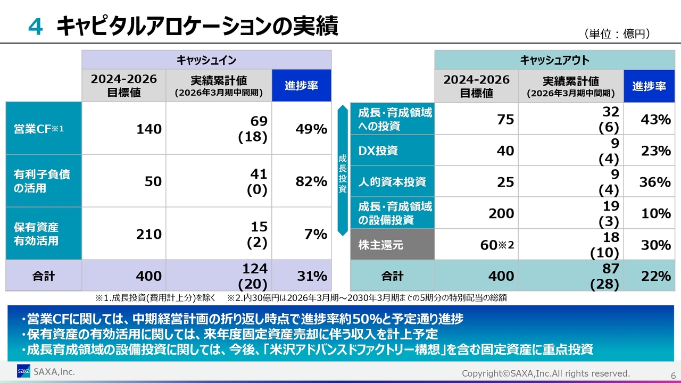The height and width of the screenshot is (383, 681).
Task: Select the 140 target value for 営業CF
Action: click(x=148, y=129)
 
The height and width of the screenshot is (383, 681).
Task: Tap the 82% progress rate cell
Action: click(x=311, y=181)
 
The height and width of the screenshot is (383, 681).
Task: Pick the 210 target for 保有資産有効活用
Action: click(x=148, y=234)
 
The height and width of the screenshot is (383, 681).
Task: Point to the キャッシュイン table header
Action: click(x=206, y=60)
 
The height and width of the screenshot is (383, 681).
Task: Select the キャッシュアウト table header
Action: click(x=554, y=60)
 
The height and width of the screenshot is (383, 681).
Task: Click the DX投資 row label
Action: click(x=378, y=151)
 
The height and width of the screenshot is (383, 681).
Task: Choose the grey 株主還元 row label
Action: click(x=381, y=245)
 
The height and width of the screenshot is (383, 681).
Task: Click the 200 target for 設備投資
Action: click(x=501, y=213)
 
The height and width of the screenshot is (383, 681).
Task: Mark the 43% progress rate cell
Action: click(x=655, y=120)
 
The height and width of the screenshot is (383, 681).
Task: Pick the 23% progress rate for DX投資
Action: click(x=655, y=151)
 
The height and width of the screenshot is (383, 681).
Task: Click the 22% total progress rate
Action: click(x=655, y=276)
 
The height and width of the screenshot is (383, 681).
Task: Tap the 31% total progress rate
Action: click(x=311, y=276)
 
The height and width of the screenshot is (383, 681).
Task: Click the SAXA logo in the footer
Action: click(x=23, y=371)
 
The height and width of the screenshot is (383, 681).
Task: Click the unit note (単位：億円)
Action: click(x=617, y=34)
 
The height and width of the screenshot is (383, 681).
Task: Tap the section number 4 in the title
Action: click(x=35, y=27)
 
